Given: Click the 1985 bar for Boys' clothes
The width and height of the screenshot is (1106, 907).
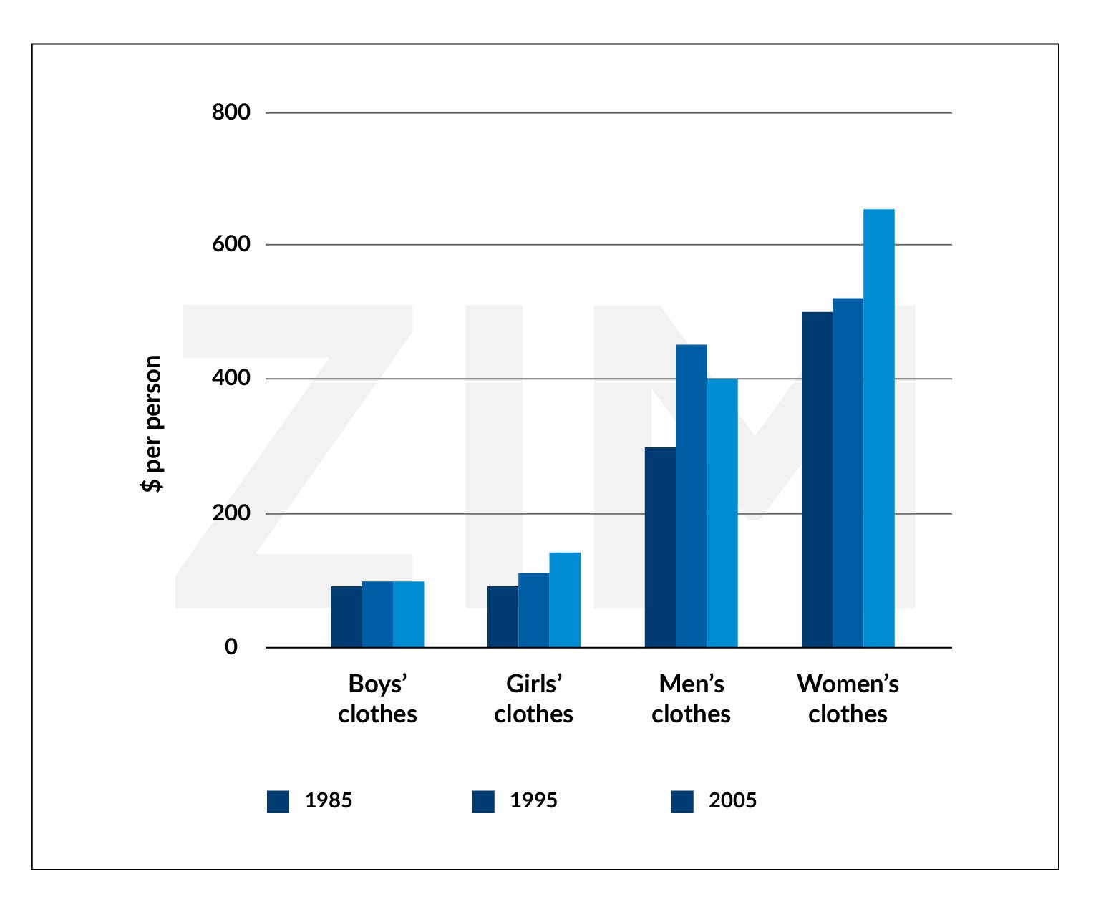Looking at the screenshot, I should tap(346, 616).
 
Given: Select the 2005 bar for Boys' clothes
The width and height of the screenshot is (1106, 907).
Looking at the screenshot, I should tap(408, 614).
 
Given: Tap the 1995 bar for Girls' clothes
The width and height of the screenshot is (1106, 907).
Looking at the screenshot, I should tap(533, 610).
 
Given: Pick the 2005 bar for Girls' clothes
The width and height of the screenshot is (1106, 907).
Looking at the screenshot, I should tap(565, 600).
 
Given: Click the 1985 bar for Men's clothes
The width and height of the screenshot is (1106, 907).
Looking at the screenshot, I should tap(660, 547).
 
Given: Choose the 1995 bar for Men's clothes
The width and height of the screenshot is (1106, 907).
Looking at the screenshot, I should tap(691, 496).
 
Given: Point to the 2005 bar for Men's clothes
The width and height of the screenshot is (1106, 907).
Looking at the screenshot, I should tap(722, 513).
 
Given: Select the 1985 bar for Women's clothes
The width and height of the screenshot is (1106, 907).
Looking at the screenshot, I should tap(817, 480).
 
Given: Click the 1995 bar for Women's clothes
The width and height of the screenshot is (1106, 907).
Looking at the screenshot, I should tap(848, 472).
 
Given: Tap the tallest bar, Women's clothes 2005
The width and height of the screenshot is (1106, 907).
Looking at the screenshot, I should tap(879, 428).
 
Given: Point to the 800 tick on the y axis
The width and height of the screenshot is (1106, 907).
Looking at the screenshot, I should tap(231, 112).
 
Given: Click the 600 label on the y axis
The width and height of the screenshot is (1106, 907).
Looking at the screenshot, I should tap(231, 244).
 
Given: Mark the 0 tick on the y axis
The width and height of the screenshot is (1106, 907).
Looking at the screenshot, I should tap(231, 647).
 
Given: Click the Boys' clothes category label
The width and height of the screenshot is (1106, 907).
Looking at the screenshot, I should tap(377, 699).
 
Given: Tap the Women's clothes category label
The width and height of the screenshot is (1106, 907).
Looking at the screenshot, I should tap(848, 699).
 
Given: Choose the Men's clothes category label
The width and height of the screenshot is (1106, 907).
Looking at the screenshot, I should tap(691, 699).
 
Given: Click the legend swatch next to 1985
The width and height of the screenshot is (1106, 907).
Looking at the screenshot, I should tap(278, 802).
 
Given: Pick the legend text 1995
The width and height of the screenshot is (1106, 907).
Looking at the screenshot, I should tap(533, 800).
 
